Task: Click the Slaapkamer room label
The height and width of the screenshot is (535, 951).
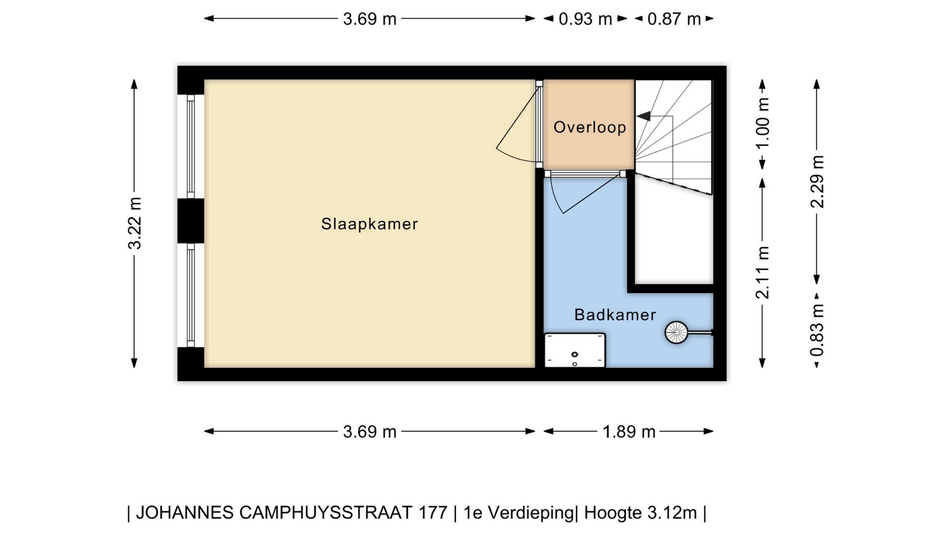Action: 370,224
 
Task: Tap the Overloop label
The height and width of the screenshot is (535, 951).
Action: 589,127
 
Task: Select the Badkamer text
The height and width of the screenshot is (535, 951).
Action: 615,315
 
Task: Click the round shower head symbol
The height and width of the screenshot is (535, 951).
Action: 676,332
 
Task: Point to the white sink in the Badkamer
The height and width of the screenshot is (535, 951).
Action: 575,350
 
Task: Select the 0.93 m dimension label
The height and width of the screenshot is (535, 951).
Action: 585,19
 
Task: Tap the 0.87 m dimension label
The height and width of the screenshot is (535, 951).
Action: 674,19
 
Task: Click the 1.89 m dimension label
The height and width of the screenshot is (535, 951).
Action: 629,432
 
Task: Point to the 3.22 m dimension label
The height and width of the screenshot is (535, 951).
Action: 135,223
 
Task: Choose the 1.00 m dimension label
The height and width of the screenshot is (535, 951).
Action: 763,123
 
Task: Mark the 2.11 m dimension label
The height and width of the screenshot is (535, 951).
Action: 763,272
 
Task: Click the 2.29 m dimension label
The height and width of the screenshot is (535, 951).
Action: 817,181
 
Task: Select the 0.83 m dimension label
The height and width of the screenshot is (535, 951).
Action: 817,330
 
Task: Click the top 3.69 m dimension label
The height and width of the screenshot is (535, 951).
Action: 370,19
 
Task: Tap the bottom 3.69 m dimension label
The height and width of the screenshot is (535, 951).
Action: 370,432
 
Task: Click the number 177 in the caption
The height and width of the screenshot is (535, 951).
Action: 433,512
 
